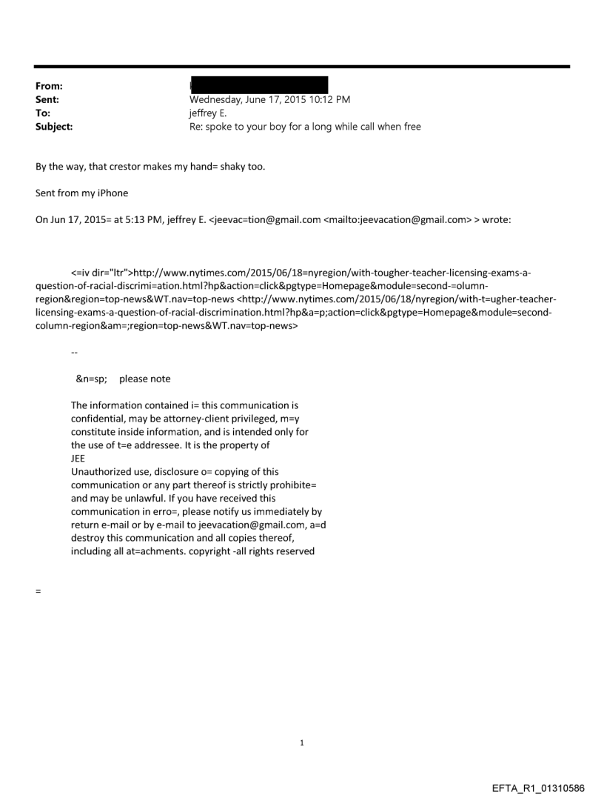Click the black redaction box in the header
[258, 84]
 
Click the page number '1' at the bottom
[302, 743]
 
